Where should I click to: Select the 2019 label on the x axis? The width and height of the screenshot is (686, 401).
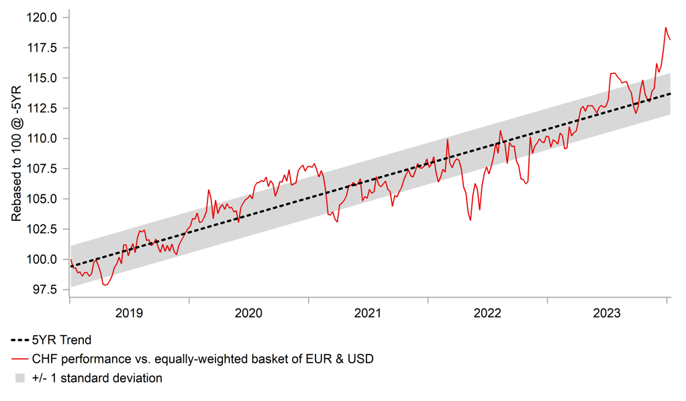click(130, 313)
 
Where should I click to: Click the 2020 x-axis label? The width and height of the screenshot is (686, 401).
click(249, 313)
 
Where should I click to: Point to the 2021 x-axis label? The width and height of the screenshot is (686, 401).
click(369, 313)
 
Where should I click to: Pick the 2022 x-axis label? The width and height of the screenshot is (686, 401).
click(488, 313)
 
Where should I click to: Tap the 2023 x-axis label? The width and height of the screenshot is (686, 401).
click(607, 313)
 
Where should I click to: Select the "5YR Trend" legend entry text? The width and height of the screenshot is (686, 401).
click(62, 340)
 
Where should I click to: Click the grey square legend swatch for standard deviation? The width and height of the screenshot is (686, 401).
click(19, 378)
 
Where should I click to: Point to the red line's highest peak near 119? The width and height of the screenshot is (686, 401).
click(665, 28)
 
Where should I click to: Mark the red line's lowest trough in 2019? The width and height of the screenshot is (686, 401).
click(105, 285)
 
